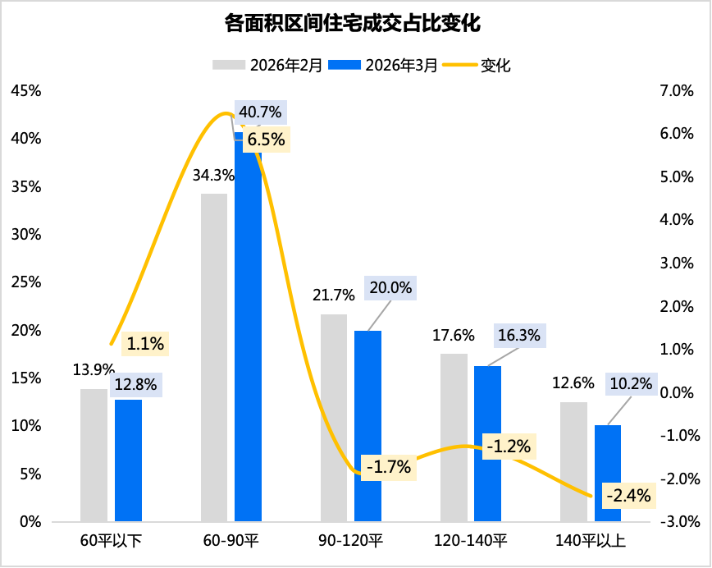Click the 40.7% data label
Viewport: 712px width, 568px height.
[x=260, y=112]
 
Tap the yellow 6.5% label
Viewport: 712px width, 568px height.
[x=266, y=140]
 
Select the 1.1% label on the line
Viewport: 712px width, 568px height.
[x=145, y=345]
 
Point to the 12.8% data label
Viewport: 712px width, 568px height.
[x=135, y=384]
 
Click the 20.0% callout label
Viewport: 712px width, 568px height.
[x=390, y=288]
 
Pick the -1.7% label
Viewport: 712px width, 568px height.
[x=389, y=468]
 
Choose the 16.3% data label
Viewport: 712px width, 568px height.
[x=518, y=335]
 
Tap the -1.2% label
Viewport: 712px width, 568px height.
[x=509, y=447]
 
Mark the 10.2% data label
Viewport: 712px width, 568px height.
[x=631, y=383]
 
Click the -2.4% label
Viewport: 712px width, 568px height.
[x=628, y=496]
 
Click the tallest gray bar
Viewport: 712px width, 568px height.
[x=214, y=357]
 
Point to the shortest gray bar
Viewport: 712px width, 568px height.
[x=94, y=455]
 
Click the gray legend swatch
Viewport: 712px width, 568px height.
[x=229, y=64]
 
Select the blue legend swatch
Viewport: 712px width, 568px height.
[x=345, y=64]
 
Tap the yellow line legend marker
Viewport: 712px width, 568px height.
[x=459, y=64]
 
